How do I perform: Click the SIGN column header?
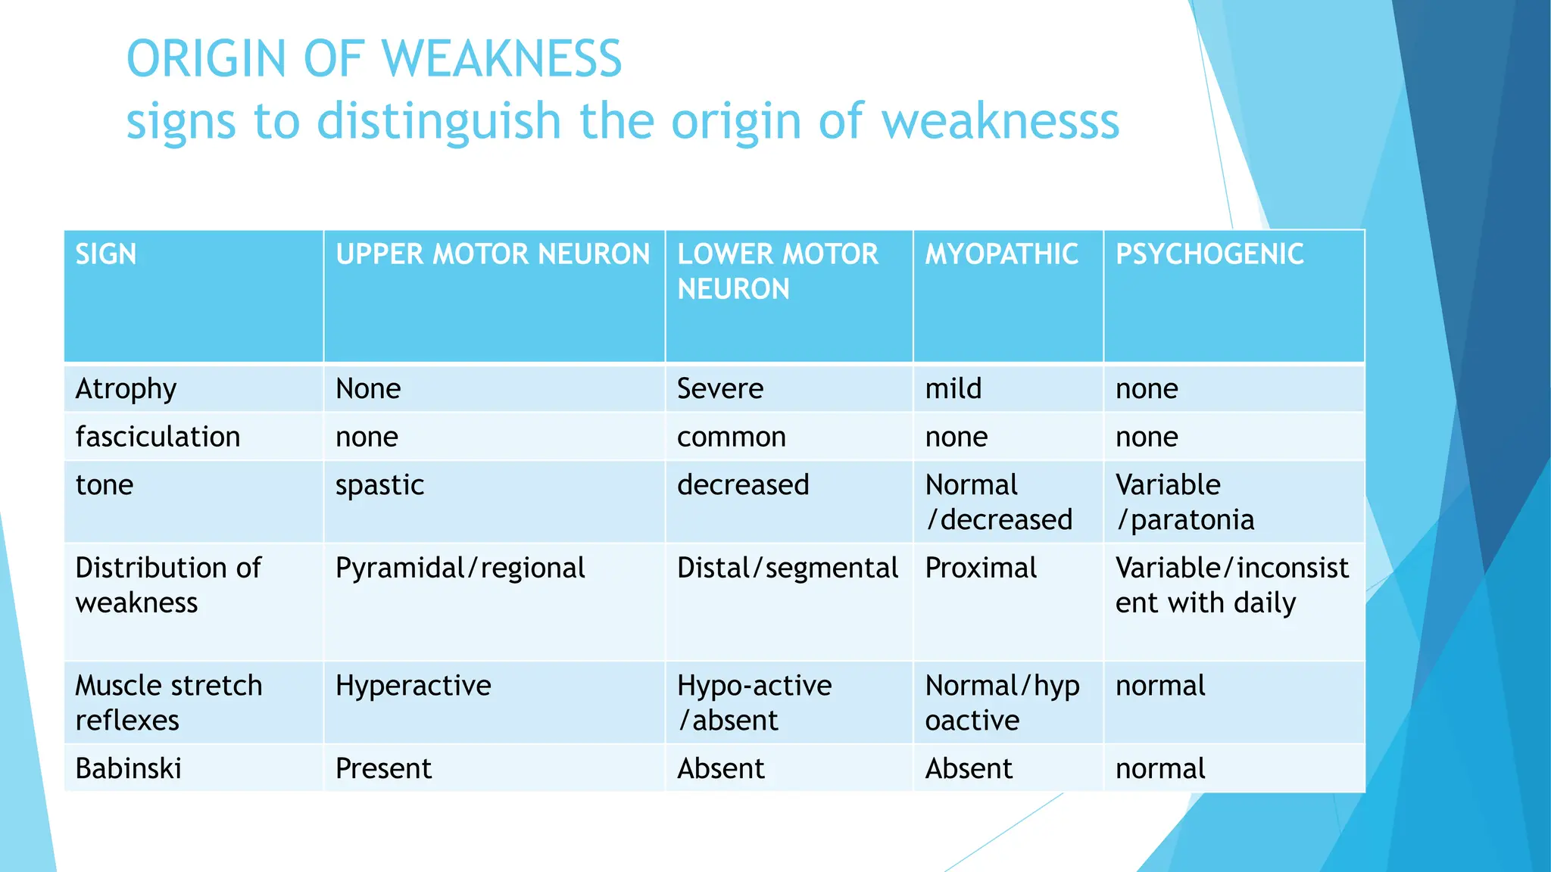[106, 254]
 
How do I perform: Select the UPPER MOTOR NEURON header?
[492, 254]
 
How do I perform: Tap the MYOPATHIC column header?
[1001, 254]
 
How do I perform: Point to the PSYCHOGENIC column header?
[1209, 254]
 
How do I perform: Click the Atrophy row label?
[126, 389]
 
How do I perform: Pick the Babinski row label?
[129, 768]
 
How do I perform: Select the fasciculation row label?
[158, 437]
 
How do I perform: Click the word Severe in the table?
[719, 389]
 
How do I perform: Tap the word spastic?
[379, 485]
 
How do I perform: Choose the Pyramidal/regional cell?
[460, 568]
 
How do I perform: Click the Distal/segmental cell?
[788, 568]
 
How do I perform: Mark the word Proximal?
[981, 568]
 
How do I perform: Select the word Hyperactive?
[413, 686]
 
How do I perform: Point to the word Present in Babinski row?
[383, 768]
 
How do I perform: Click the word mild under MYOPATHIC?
[953, 389]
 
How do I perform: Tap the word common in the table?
[731, 437]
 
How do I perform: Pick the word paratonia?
[1192, 520]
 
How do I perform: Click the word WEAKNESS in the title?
[501, 59]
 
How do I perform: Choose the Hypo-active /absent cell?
[754, 702]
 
